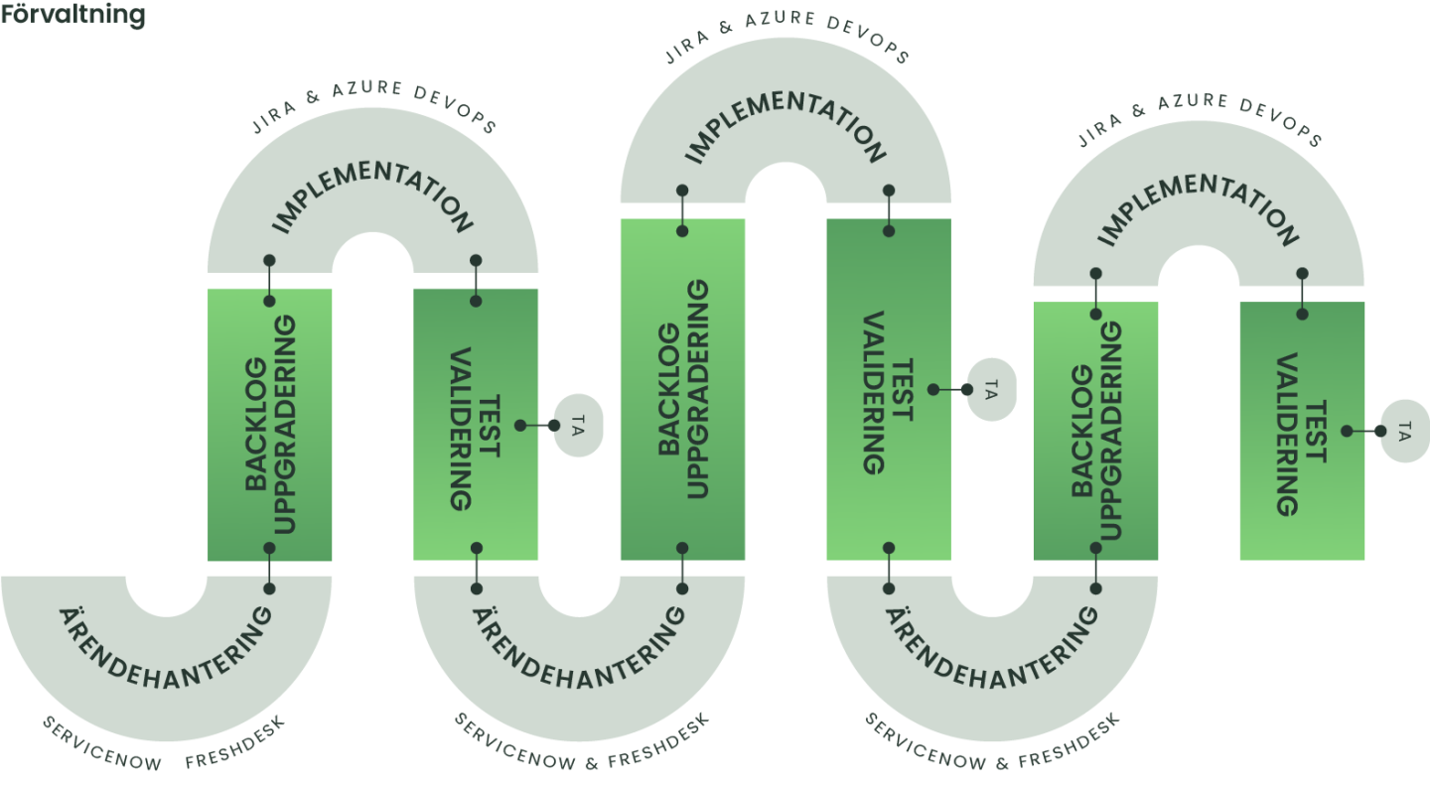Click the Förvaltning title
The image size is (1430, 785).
click(x=73, y=16)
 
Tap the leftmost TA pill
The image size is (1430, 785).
click(x=578, y=426)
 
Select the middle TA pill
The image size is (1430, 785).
click(x=990, y=389)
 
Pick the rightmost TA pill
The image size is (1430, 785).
click(x=1404, y=431)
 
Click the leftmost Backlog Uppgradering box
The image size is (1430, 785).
click(x=270, y=425)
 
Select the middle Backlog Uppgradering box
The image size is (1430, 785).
click(x=682, y=389)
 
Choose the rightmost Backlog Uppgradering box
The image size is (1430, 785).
click(x=1095, y=432)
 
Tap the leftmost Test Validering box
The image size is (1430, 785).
click(x=476, y=425)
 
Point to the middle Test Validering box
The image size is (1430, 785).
click(x=888, y=389)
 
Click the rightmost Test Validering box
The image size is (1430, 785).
click(x=1302, y=432)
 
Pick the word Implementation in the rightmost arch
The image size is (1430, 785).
click(x=1199, y=207)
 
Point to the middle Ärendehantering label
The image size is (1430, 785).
click(x=579, y=656)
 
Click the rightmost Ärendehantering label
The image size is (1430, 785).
click(x=992, y=656)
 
